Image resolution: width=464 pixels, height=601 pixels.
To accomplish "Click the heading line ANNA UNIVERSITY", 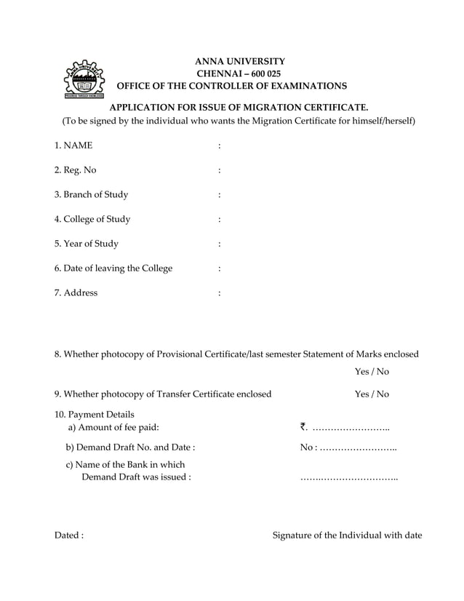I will pyautogui.click(x=239, y=61).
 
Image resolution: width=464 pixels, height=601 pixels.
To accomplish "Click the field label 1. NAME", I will pyautogui.click(x=73, y=146).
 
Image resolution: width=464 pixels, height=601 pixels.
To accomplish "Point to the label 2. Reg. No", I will pyautogui.click(x=75, y=170).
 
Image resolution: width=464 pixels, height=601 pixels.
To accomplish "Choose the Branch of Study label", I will pyautogui.click(x=91, y=194).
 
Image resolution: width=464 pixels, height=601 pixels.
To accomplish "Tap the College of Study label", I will pyautogui.click(x=92, y=219).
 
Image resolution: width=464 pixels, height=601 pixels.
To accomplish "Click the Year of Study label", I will pyautogui.click(x=87, y=244).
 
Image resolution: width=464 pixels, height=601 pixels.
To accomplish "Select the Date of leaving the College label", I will pyautogui.click(x=113, y=268).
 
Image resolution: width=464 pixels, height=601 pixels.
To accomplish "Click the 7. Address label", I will pyautogui.click(x=76, y=292).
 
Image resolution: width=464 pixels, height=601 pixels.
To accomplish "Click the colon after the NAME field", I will pyautogui.click(x=219, y=146).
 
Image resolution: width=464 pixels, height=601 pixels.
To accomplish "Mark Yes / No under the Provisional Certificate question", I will pyautogui.click(x=372, y=372).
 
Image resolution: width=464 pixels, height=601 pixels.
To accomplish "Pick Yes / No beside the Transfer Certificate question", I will pyautogui.click(x=372, y=394).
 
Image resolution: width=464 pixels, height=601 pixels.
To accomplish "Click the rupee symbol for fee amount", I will pyautogui.click(x=303, y=428).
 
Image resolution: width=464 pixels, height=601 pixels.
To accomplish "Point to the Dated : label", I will pyautogui.click(x=69, y=536).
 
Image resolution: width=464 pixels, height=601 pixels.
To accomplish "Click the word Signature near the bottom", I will pyautogui.click(x=292, y=536).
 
